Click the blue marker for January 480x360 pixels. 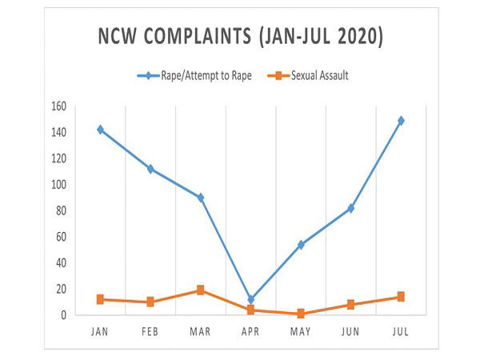tap(100, 130)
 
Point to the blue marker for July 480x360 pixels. tap(402, 121)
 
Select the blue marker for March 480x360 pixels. tap(200, 198)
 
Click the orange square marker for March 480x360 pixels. tap(200, 290)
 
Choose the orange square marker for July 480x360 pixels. tap(402, 297)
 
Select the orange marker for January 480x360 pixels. tap(100, 299)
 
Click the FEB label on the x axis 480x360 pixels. tap(150, 330)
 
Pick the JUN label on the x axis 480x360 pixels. tap(351, 330)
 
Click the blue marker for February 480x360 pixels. tap(150, 169)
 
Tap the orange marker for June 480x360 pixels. tap(351, 305)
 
